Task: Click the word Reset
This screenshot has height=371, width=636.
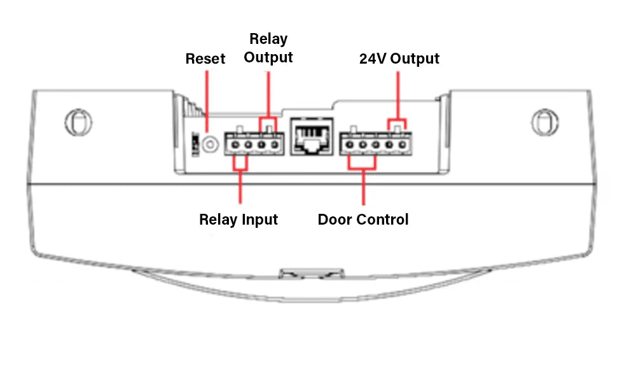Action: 205,59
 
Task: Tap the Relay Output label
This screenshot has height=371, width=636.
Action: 268,48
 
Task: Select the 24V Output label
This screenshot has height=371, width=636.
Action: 399,59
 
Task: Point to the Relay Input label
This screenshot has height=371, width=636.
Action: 238,220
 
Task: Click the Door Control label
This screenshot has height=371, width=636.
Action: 363,220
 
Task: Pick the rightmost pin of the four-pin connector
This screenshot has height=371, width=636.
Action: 275,146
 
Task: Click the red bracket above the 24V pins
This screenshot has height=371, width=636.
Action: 397,119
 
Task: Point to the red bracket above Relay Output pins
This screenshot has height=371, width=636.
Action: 268,119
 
